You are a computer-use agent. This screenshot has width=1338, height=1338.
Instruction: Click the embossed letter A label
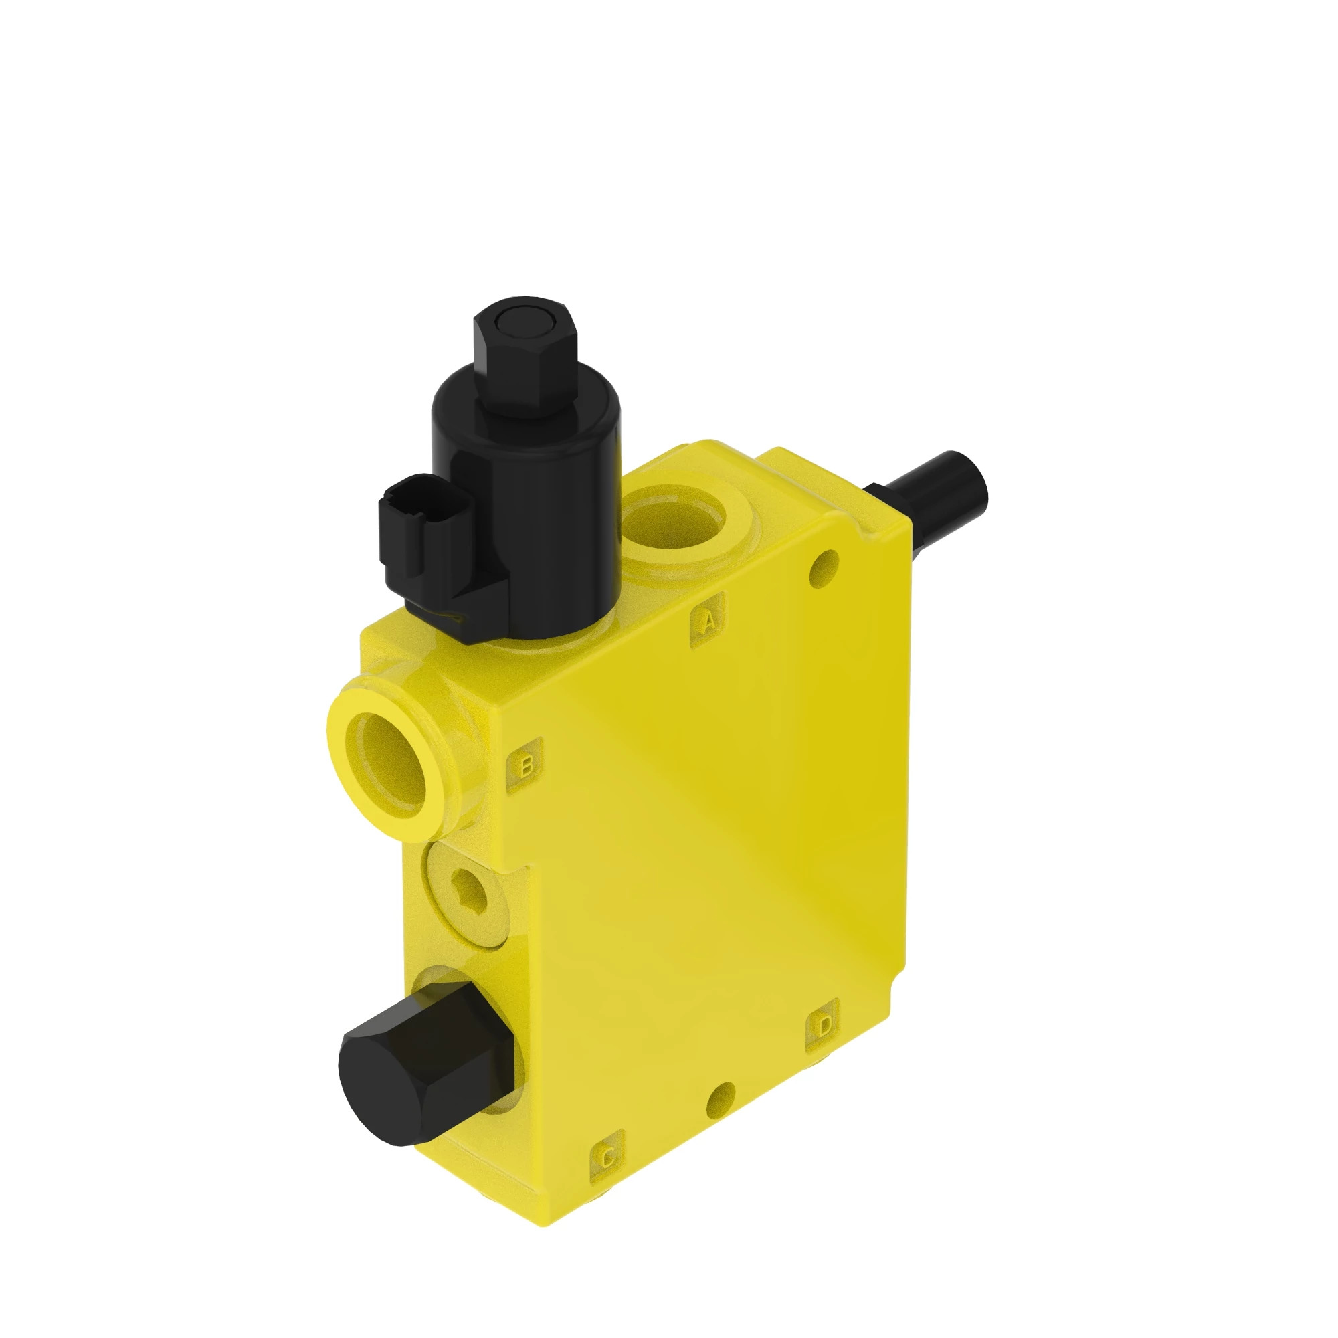point(707,622)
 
